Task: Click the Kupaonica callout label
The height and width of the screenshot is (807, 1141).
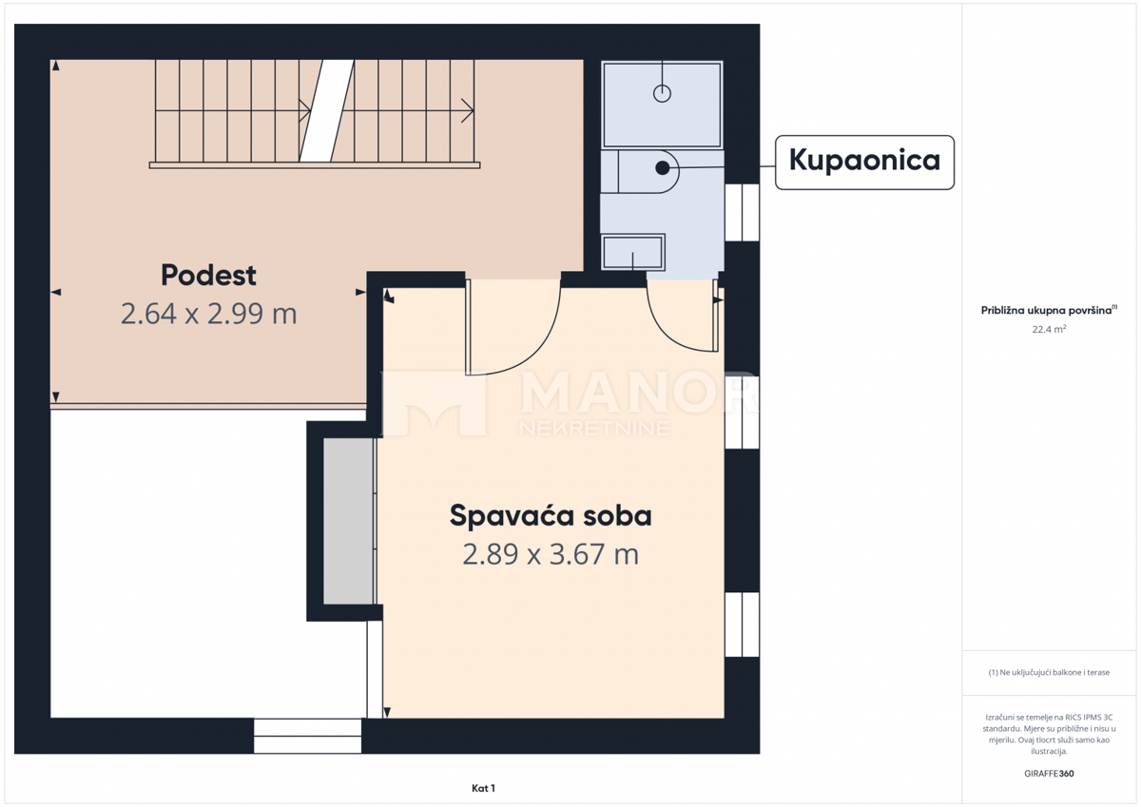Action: pyautogui.click(x=864, y=162)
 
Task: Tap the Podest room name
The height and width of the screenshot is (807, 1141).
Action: pyautogui.click(x=208, y=276)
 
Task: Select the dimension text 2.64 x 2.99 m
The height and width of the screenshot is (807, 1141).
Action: pyautogui.click(x=208, y=314)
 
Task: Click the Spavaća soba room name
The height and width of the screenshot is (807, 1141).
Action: pyautogui.click(x=551, y=516)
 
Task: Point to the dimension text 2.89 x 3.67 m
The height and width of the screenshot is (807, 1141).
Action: pyautogui.click(x=551, y=554)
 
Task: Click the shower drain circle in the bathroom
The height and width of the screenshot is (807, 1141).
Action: pyautogui.click(x=662, y=93)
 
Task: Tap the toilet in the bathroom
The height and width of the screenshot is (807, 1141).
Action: pyautogui.click(x=647, y=170)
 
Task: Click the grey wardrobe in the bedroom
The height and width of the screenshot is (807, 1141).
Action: pyautogui.click(x=348, y=521)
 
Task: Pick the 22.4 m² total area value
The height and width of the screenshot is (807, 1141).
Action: pyautogui.click(x=1049, y=330)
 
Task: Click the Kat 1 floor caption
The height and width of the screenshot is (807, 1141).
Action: pyautogui.click(x=483, y=788)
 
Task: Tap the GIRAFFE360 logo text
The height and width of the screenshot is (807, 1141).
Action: pyautogui.click(x=1049, y=774)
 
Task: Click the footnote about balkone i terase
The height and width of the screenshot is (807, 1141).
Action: pyautogui.click(x=1049, y=673)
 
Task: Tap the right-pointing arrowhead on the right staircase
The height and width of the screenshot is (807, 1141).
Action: pyautogui.click(x=469, y=110)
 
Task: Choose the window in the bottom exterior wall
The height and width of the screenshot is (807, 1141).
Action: pyautogui.click(x=307, y=736)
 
